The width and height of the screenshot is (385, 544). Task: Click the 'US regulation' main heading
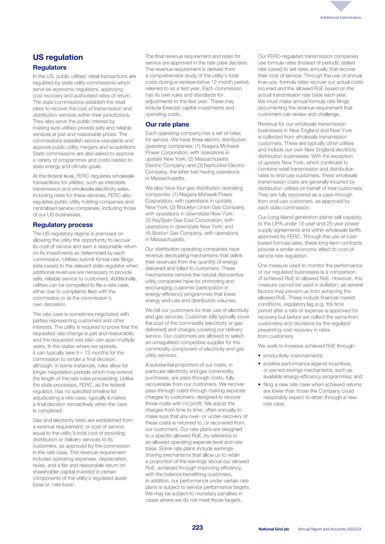pyautogui.click(x=58, y=57)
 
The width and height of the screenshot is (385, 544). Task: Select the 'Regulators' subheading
pyautogui.click(x=49, y=68)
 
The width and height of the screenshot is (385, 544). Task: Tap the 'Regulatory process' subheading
pyautogui.click(x=63, y=225)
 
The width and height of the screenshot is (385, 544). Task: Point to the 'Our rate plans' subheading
pyautogui.click(x=167, y=124)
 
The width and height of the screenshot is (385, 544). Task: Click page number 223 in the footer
pyautogui.click(x=197, y=528)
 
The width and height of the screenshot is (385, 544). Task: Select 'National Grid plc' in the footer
pyautogui.click(x=274, y=529)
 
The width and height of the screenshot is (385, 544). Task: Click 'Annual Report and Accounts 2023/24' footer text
pyautogui.click(x=330, y=529)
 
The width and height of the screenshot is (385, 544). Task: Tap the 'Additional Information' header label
pyautogui.click(x=340, y=18)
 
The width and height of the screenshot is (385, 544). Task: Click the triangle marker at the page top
pyautogui.click(x=341, y=6)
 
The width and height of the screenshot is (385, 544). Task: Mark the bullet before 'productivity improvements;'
pyautogui.click(x=260, y=356)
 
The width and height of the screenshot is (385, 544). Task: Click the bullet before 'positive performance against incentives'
pyautogui.click(x=260, y=364)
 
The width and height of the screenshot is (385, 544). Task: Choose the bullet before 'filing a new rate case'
pyautogui.click(x=260, y=385)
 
